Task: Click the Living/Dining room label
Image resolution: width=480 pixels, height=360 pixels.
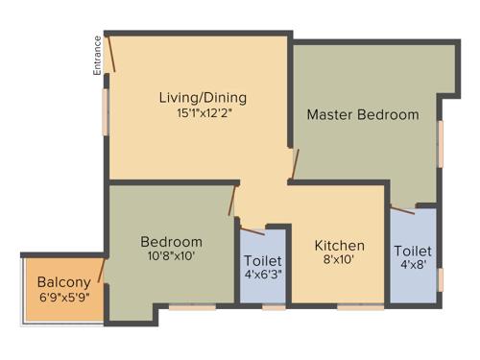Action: [x=203, y=97]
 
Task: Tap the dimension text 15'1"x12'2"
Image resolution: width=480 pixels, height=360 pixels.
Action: [x=203, y=112]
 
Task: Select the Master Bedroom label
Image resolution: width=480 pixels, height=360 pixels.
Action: [x=363, y=114]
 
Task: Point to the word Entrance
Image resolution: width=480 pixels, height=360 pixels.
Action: [x=97, y=56]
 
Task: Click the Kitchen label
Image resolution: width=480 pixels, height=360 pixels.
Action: [x=340, y=246]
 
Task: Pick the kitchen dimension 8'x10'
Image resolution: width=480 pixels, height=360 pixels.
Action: [x=340, y=260]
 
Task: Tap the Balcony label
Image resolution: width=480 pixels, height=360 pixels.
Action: [x=63, y=282]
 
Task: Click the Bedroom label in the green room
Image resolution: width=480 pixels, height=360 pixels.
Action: [x=171, y=241]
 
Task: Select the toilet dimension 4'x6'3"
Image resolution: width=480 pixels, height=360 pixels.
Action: [x=262, y=276]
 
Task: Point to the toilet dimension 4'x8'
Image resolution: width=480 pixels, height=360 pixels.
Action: [x=413, y=268]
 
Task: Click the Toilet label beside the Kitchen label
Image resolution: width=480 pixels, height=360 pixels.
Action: [x=262, y=261]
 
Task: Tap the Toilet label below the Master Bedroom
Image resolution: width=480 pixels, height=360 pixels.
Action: [x=413, y=252]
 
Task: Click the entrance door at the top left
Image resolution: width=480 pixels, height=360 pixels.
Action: [x=111, y=53]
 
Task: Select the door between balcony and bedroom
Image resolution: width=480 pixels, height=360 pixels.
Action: [x=102, y=270]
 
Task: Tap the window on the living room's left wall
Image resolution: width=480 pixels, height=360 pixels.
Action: [x=106, y=111]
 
